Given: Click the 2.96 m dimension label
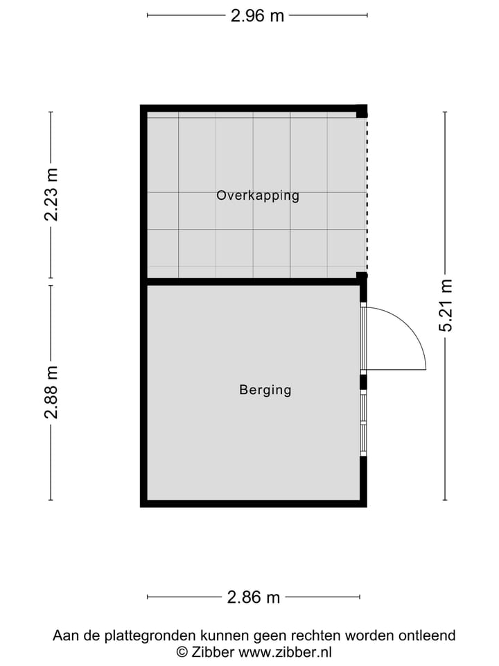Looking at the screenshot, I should click(257, 15).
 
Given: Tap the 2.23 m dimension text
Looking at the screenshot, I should click(51, 195).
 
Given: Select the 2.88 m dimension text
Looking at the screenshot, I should click(51, 392).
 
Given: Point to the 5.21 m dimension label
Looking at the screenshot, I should click(445, 306).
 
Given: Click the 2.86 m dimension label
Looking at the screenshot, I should click(254, 597).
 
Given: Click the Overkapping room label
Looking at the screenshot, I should click(257, 196).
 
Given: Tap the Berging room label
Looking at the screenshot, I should click(265, 390).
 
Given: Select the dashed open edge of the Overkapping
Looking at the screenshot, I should click(367, 195).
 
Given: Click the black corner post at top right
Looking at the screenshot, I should click(361, 111).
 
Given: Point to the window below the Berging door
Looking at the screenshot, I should click(362, 424).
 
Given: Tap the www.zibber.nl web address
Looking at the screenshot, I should click(286, 651).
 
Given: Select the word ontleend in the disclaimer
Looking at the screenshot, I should click(430, 635).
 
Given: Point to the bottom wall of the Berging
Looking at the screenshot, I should click(254, 503).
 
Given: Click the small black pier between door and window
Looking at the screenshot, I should click(362, 382).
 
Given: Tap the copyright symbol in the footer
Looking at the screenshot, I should click(182, 651).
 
